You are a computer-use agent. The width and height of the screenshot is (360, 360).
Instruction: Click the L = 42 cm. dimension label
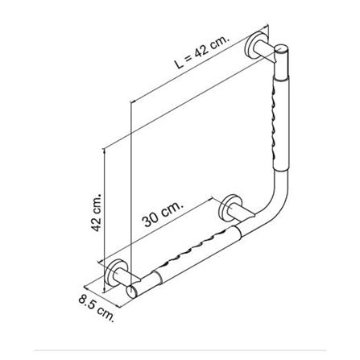(202, 52)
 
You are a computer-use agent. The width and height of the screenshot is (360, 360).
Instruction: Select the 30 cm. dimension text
(163, 214)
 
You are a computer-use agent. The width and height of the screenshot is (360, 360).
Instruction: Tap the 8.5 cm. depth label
(97, 308)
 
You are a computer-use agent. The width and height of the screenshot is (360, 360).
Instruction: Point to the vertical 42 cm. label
(97, 212)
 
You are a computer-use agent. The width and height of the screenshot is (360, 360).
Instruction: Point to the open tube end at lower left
(130, 292)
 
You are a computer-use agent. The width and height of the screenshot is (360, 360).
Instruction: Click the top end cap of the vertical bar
(282, 49)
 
